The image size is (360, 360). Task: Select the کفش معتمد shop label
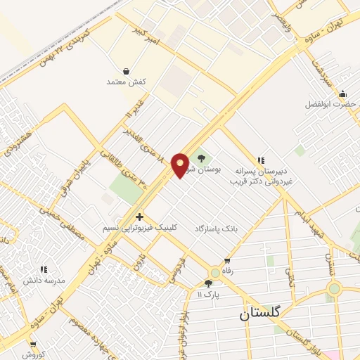coord(126,82)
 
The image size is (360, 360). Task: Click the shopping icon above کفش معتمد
coord(126,71)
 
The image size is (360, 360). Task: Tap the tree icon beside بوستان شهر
coord(202,158)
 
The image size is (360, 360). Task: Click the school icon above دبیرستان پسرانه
coord(262,161)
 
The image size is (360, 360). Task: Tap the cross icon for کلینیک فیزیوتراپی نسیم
coord(139,217)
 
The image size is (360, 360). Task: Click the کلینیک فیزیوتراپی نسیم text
coord(140,229)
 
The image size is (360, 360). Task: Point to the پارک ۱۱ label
coord(209,294)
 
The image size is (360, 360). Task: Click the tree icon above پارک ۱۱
coord(207,283)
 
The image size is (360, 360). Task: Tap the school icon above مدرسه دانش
coord(44,269)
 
